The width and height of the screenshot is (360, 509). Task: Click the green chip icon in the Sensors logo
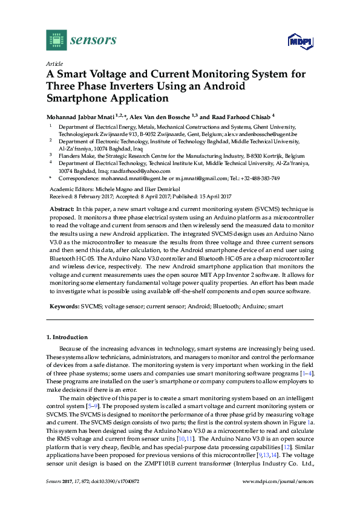56,40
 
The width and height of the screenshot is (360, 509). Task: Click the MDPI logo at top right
296,41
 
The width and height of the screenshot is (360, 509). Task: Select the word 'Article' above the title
54,63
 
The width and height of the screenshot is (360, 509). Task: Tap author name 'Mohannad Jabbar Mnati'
80,117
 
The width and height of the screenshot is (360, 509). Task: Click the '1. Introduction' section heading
67,337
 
